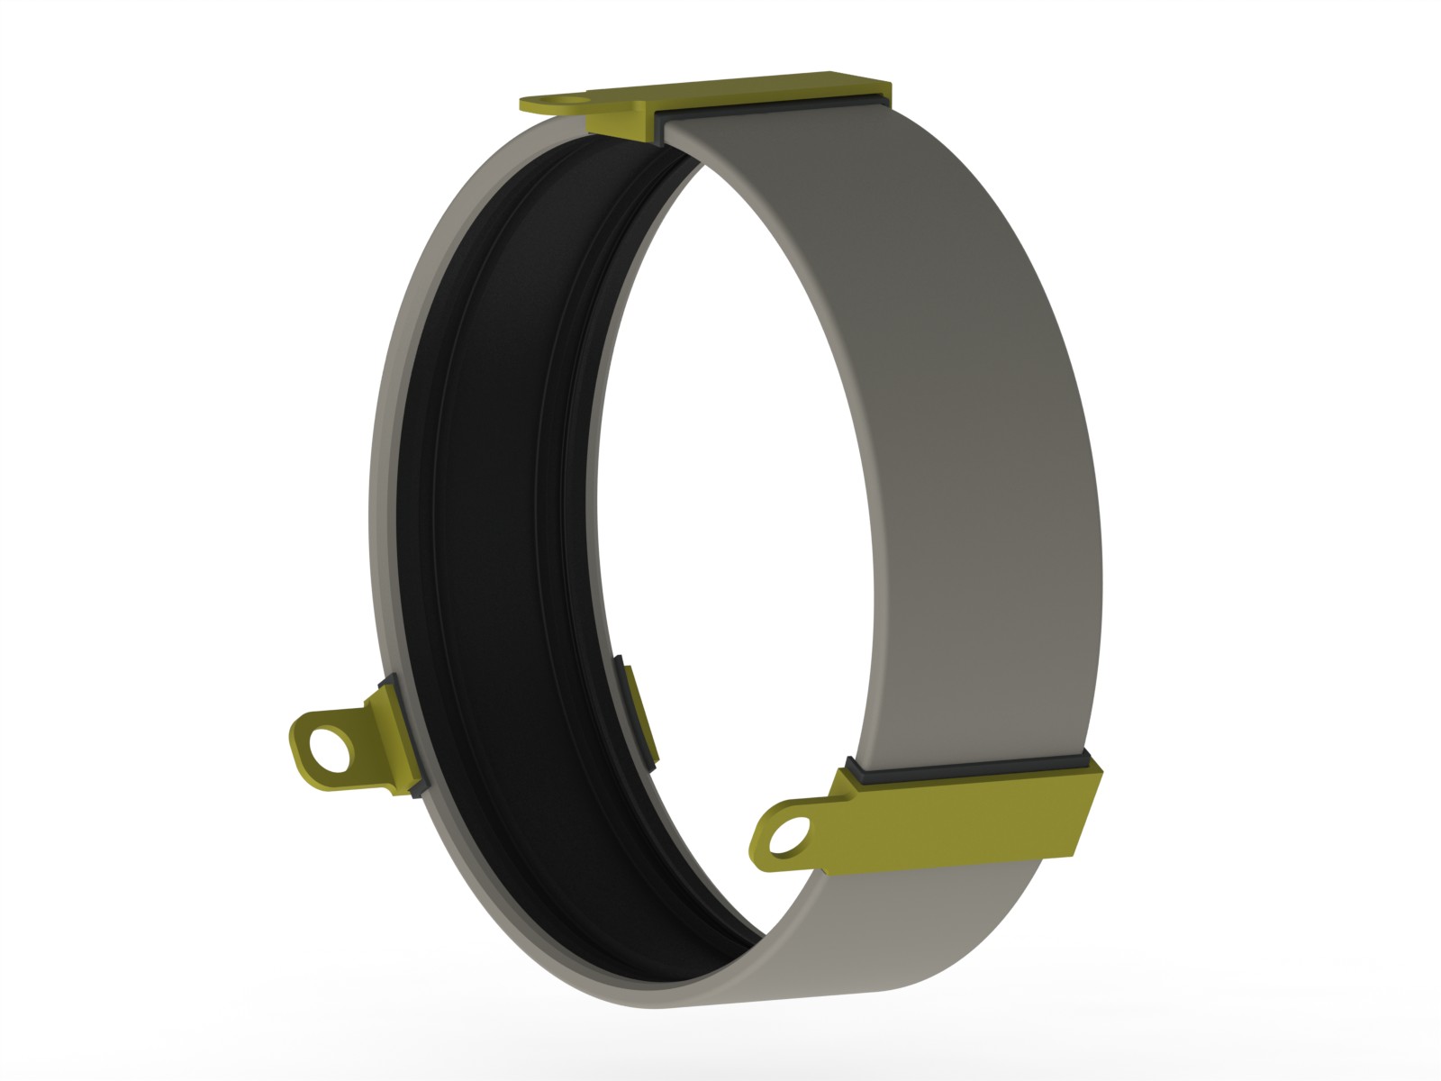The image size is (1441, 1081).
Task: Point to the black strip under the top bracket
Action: coord(775,115)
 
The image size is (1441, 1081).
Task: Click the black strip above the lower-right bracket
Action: coord(973,765)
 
